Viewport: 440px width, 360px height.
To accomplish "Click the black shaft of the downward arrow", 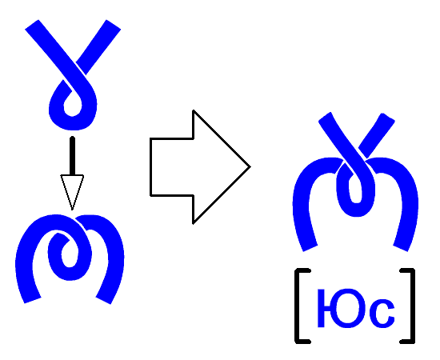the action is click(x=72, y=156).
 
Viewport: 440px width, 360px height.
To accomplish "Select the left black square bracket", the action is click(x=300, y=306).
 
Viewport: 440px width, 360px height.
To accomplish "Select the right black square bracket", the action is click(x=410, y=306).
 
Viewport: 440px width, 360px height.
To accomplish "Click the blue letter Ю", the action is click(x=342, y=308).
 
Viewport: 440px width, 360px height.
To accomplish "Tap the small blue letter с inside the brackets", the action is click(x=382, y=314).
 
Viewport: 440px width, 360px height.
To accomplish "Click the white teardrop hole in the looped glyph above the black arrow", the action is click(x=73, y=106).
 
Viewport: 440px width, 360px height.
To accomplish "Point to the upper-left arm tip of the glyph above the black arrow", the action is click(x=31, y=25).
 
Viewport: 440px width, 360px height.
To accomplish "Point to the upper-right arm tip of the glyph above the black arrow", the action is click(x=114, y=25).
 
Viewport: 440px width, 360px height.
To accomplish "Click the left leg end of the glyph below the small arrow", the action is click(x=33, y=300).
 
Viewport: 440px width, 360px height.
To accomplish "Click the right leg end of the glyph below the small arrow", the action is click(x=103, y=300).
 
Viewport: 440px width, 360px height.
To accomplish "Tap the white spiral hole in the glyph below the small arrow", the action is click(x=69, y=254).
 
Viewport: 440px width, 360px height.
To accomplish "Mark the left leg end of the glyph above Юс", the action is click(x=310, y=248).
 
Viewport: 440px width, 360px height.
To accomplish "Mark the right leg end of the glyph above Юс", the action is click(x=401, y=248).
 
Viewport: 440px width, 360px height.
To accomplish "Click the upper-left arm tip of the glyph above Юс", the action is click(x=325, y=118).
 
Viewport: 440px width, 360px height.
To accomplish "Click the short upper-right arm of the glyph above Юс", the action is click(x=377, y=135).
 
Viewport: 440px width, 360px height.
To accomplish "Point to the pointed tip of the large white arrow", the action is click(x=250, y=167).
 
